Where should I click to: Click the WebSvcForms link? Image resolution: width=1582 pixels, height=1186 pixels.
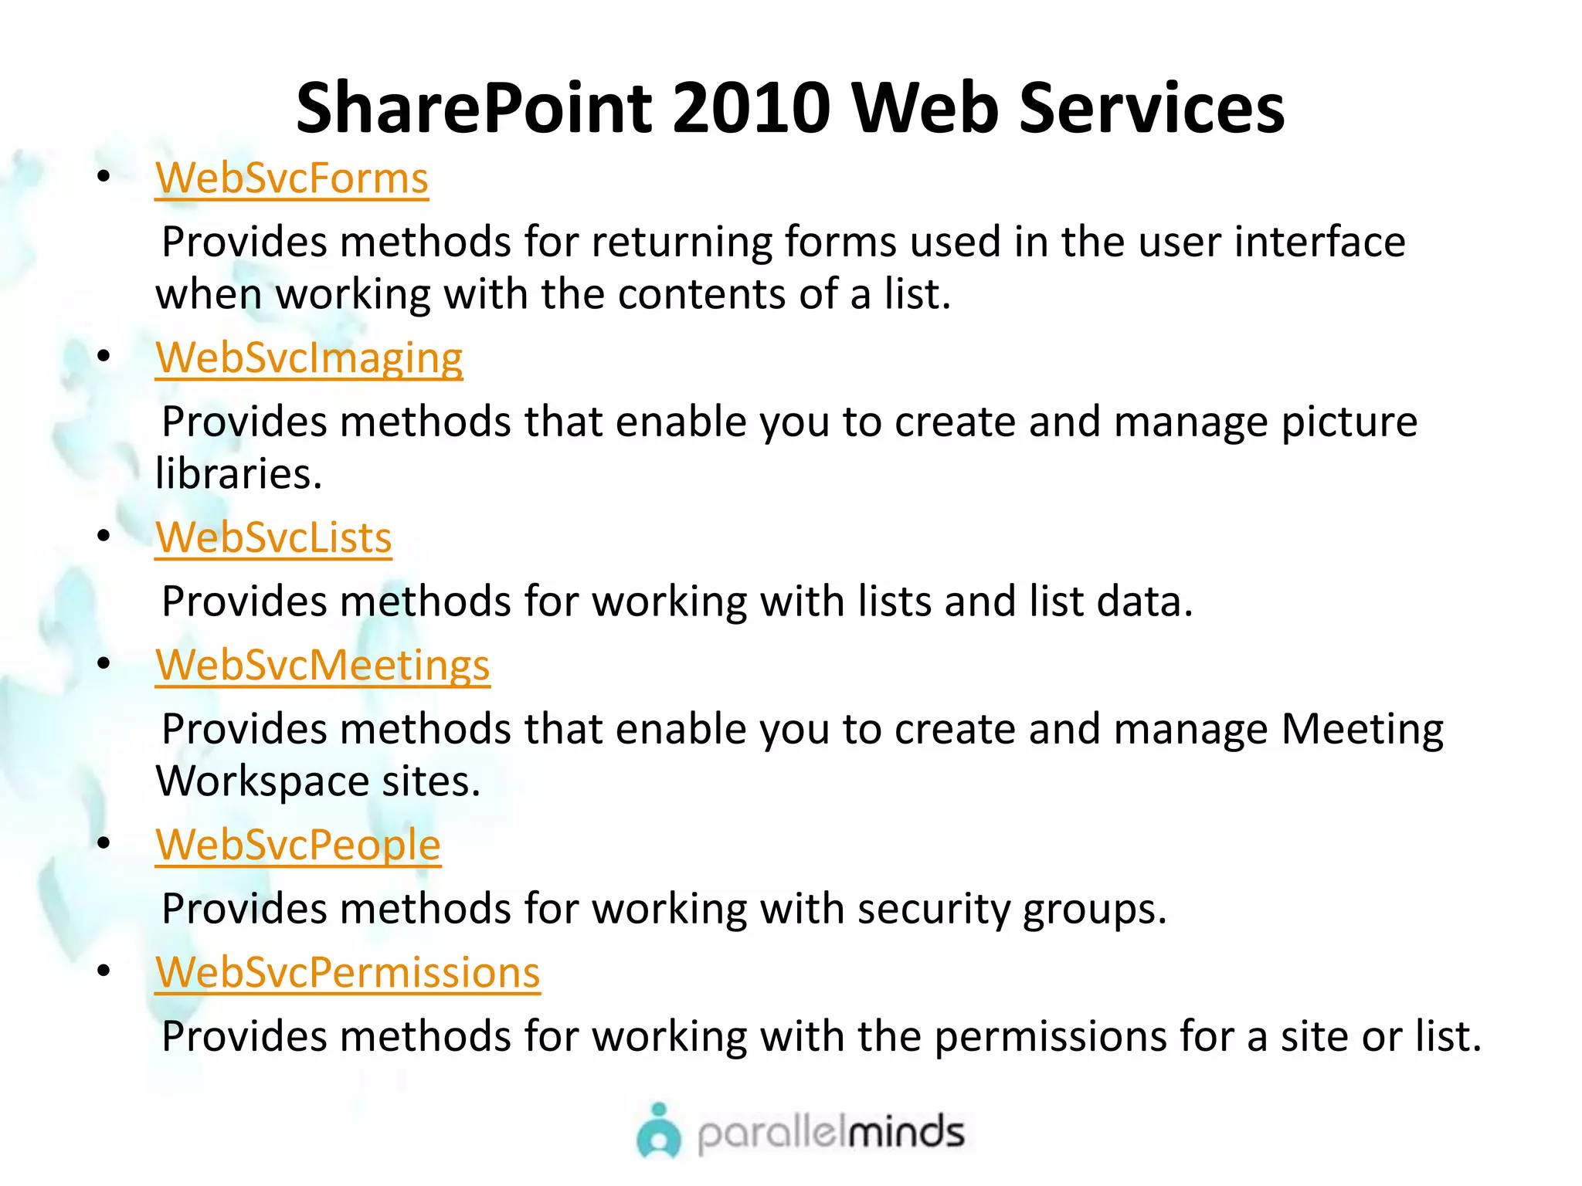point(291,178)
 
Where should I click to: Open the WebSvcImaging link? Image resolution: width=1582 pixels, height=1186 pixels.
point(309,358)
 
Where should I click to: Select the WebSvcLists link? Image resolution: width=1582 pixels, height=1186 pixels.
point(273,537)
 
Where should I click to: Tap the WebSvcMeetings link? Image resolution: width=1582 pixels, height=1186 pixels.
point(322,666)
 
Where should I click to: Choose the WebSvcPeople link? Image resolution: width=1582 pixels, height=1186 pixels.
point(297,845)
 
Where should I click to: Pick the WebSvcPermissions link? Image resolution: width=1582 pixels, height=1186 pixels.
point(348,973)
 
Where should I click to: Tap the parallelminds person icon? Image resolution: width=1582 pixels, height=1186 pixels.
point(659,1132)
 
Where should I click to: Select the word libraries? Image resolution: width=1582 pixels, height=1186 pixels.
point(238,473)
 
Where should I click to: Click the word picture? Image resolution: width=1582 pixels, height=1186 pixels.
point(1349,422)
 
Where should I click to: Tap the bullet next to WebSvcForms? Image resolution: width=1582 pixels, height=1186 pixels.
point(104,177)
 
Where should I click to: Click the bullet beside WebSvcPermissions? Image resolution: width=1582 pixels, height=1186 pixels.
point(104,971)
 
